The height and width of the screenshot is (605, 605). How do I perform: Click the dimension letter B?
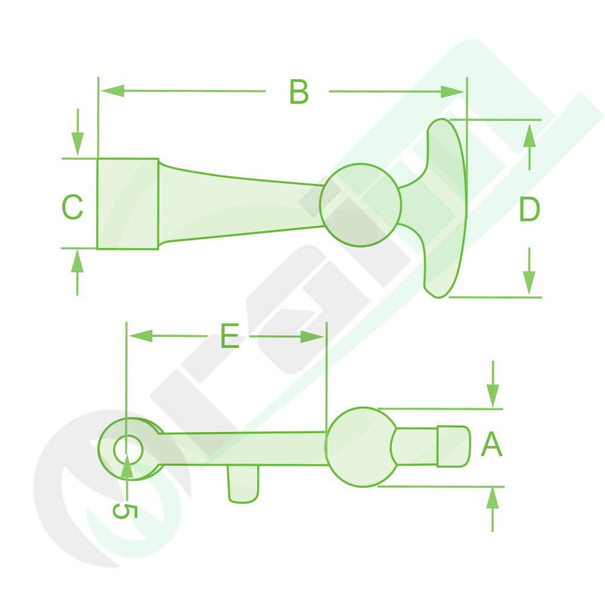tap(299, 92)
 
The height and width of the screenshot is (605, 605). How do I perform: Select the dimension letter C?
tap(73, 207)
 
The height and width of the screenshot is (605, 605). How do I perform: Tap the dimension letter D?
tap(529, 209)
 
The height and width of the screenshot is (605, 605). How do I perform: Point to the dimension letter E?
tap(230, 336)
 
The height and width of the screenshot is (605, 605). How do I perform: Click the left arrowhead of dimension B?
tap(113, 91)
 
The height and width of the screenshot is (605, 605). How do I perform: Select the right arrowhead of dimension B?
tap(453, 92)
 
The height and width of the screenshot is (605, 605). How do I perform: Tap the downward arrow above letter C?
tap(77, 132)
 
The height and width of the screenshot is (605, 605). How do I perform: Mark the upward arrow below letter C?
tap(77, 272)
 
